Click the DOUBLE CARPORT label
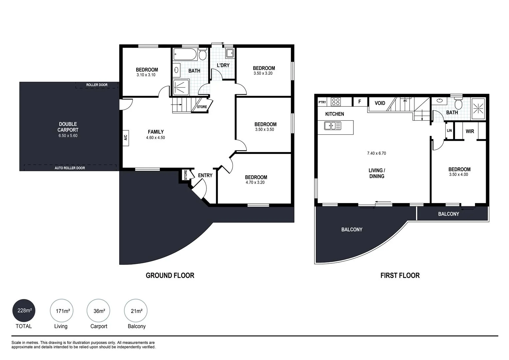[68, 127]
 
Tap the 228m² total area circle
[24, 311]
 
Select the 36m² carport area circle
[99, 311]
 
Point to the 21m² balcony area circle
[136, 311]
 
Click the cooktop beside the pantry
[335, 102]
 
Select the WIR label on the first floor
[470, 131]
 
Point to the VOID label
[380, 103]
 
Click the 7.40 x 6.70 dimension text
[376, 153]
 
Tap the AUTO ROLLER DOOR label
[70, 168]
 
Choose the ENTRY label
[205, 175]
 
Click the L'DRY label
[223, 65]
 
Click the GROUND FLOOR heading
[170, 275]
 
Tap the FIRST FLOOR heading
[400, 275]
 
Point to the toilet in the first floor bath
[458, 104]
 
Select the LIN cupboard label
[449, 131]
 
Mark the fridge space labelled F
[360, 102]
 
